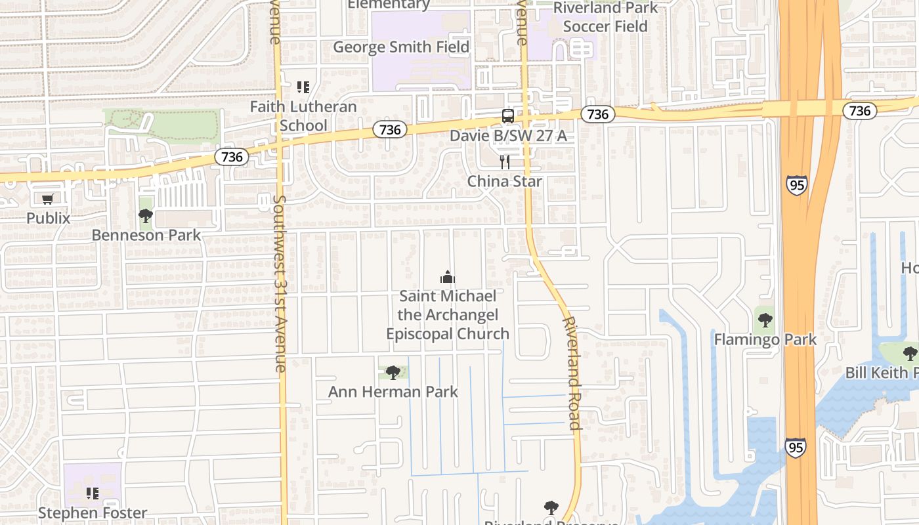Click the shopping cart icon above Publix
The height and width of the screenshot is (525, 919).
click(x=47, y=199)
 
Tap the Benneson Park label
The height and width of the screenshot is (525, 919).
click(x=146, y=235)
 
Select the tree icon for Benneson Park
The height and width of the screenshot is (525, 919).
click(x=146, y=216)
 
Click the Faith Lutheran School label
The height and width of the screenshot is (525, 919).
click(x=303, y=116)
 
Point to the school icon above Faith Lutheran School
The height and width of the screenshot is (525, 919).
click(x=303, y=87)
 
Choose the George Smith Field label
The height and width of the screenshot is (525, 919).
click(x=401, y=47)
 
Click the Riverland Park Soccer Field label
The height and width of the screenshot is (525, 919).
click(x=605, y=17)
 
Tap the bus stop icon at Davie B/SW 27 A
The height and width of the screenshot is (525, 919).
click(x=508, y=116)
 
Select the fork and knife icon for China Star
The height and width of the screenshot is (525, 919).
click(x=505, y=162)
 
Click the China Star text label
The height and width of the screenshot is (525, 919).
click(x=505, y=182)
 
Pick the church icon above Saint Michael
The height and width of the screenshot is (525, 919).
click(x=448, y=278)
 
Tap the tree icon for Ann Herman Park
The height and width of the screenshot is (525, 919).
click(x=393, y=373)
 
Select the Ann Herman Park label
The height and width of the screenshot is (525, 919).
click(x=393, y=392)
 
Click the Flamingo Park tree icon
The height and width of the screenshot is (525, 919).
click(x=765, y=321)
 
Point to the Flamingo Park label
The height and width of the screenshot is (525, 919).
click(x=765, y=340)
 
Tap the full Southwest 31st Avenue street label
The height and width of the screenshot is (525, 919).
click(x=280, y=283)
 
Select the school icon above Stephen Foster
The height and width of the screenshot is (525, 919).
click(x=93, y=493)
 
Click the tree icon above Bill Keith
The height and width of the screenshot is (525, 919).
click(x=910, y=354)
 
